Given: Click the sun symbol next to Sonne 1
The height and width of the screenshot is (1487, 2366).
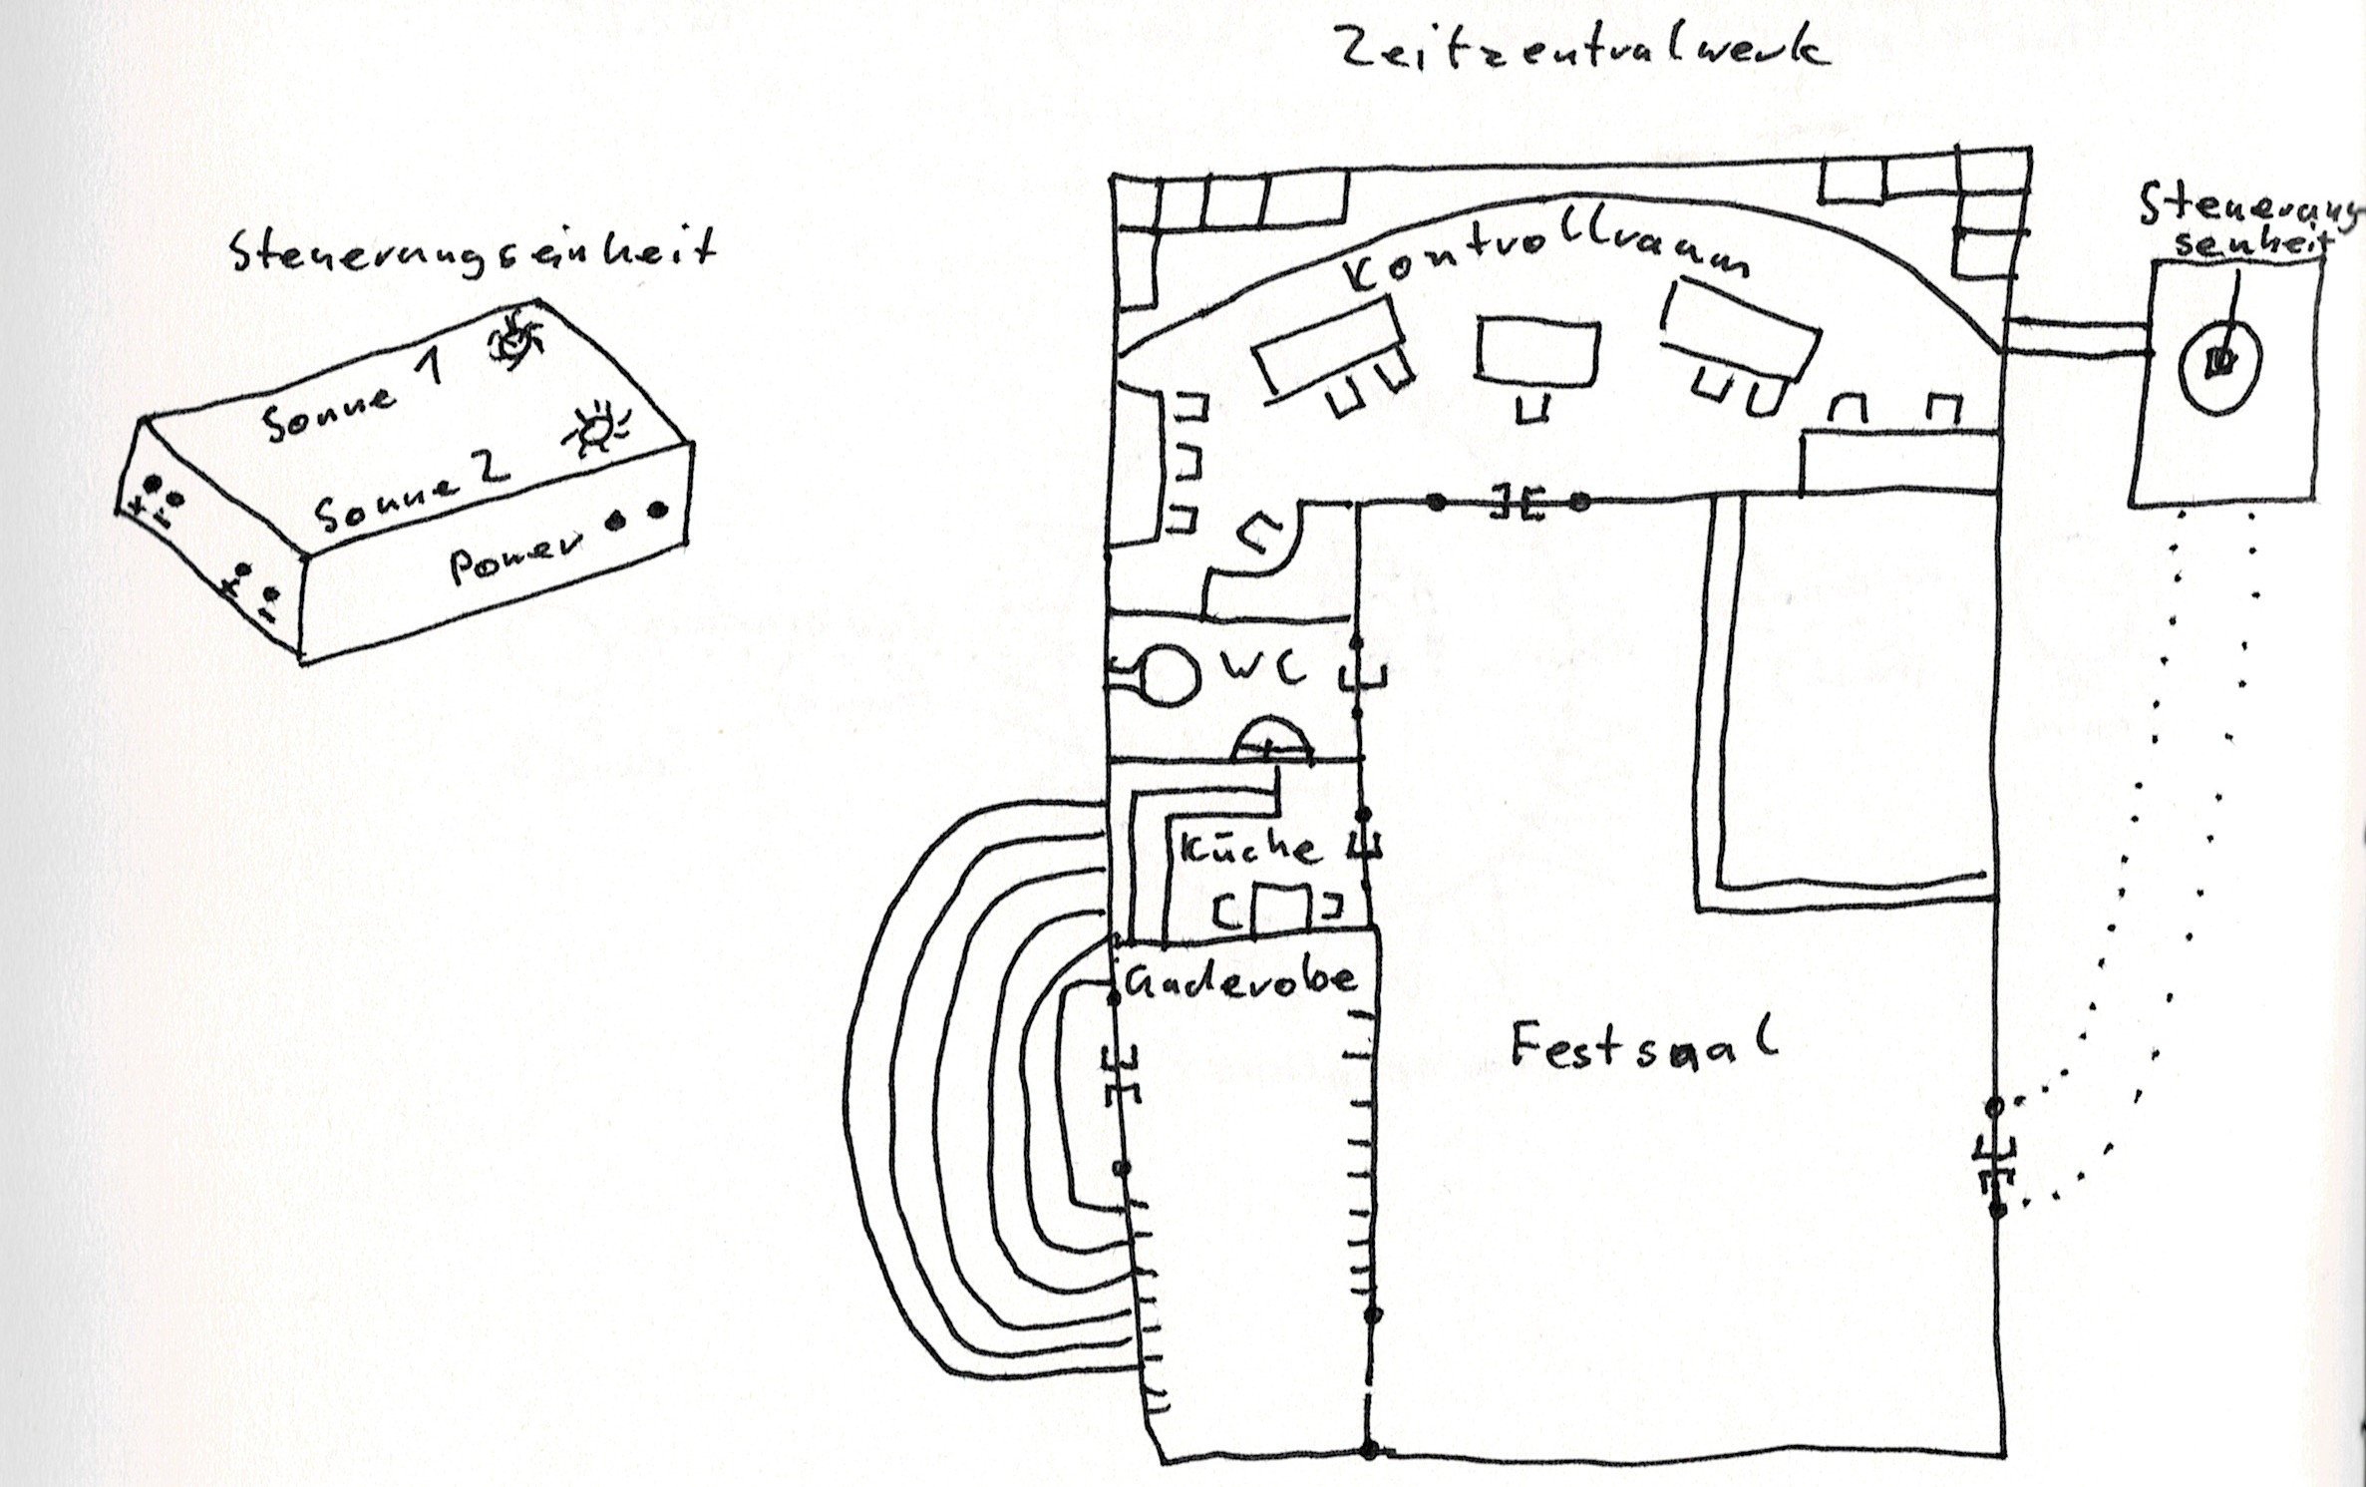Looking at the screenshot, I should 514,340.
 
